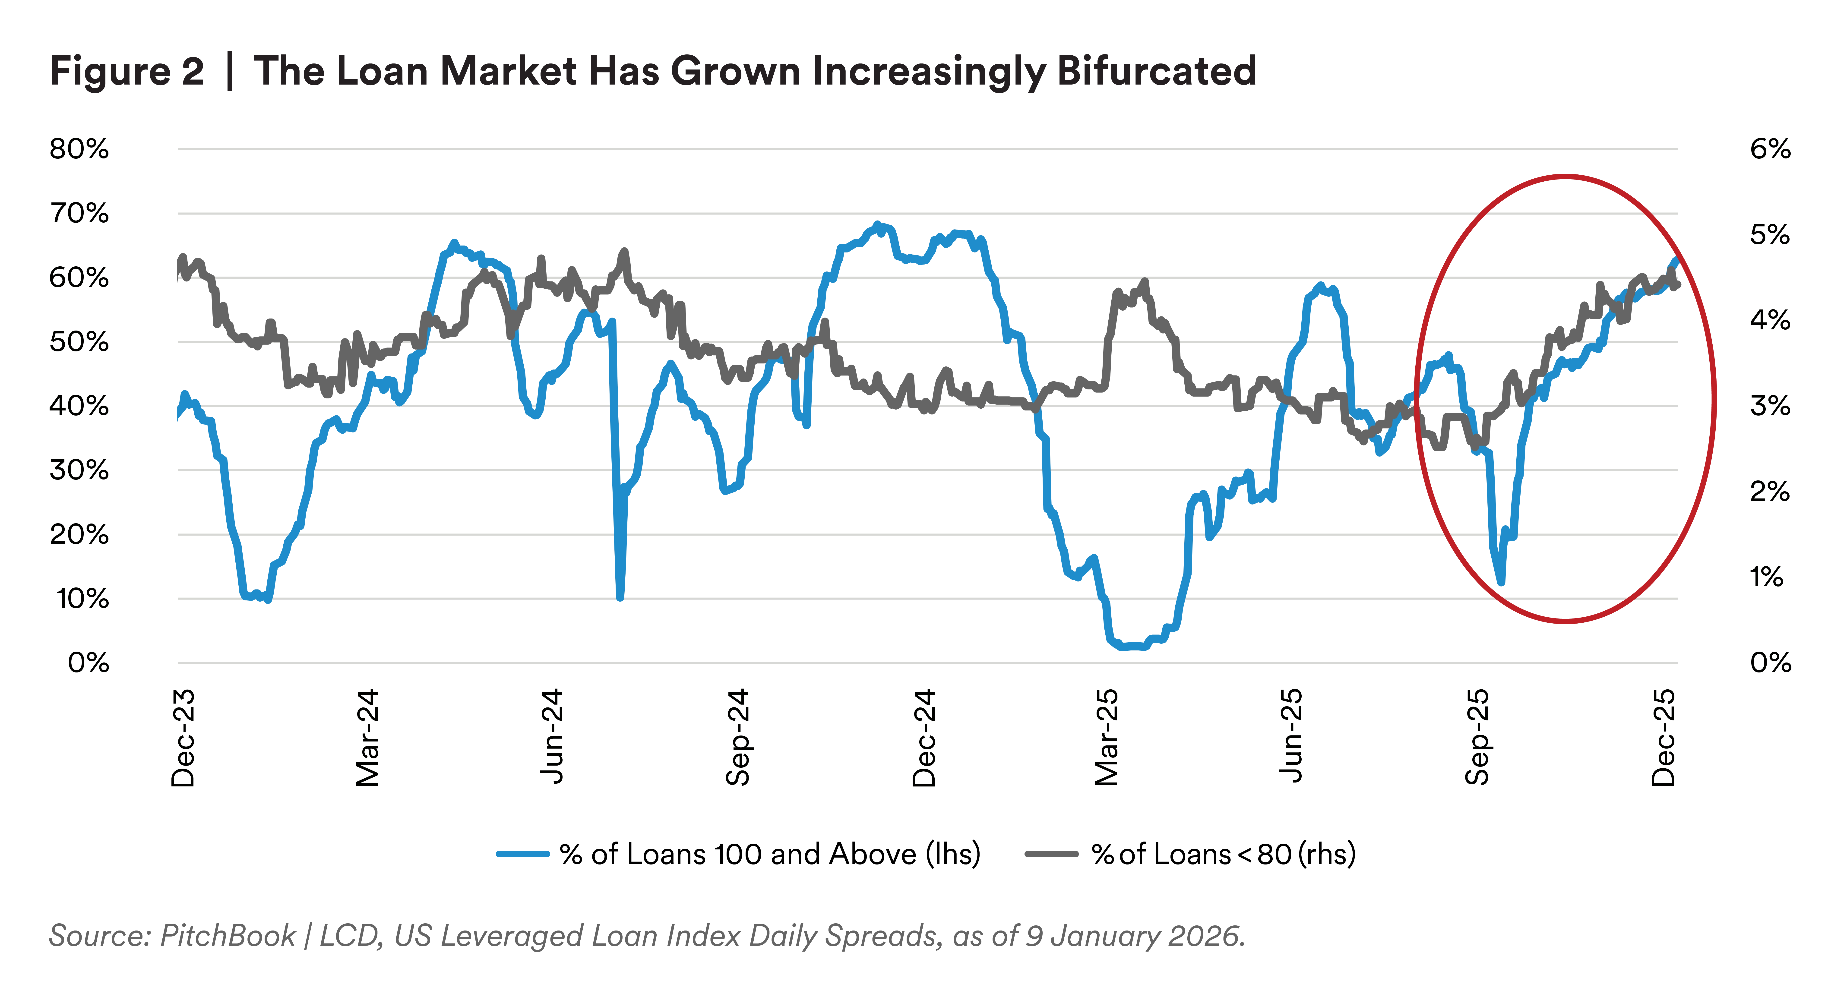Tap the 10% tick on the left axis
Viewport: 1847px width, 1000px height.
[82, 599]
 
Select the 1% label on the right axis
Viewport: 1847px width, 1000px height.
[1765, 577]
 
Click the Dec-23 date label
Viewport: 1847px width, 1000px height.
[183, 738]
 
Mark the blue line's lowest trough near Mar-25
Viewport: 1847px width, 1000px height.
[1129, 647]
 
